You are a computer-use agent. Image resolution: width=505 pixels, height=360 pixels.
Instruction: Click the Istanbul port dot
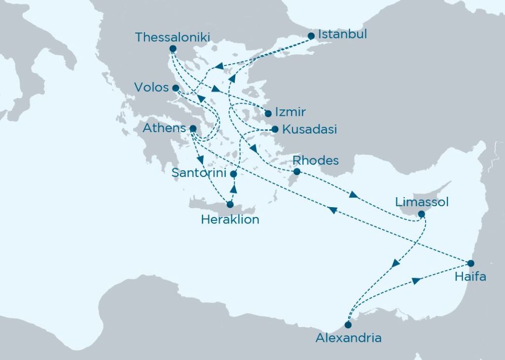point(311,36)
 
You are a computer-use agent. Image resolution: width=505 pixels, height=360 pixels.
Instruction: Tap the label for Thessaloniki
point(173,37)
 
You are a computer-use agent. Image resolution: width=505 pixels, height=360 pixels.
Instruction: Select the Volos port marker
point(176,88)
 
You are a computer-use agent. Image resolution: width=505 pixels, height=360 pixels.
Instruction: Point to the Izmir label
point(290,112)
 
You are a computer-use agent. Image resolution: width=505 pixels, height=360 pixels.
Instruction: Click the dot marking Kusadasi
point(275,130)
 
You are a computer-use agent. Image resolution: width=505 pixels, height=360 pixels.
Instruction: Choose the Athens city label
point(164,128)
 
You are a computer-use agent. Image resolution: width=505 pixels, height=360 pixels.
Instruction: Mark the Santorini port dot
point(234,174)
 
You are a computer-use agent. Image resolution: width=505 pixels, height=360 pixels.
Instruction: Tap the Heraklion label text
point(230,220)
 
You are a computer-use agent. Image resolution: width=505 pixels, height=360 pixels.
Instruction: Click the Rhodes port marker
point(297,172)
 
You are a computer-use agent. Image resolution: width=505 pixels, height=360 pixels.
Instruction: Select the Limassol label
point(422,202)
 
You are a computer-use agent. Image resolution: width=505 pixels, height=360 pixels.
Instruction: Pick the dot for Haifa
point(471,262)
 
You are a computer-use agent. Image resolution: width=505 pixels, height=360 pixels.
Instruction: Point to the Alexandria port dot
point(349,325)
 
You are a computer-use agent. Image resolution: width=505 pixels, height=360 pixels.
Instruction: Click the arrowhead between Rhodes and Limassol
point(353,195)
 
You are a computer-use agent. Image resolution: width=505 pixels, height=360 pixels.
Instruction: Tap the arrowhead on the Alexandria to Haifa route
point(416,281)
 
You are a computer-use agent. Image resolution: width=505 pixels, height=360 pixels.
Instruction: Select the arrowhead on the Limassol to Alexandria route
point(396,264)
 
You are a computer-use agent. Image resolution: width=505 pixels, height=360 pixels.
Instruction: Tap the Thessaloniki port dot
point(173,48)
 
